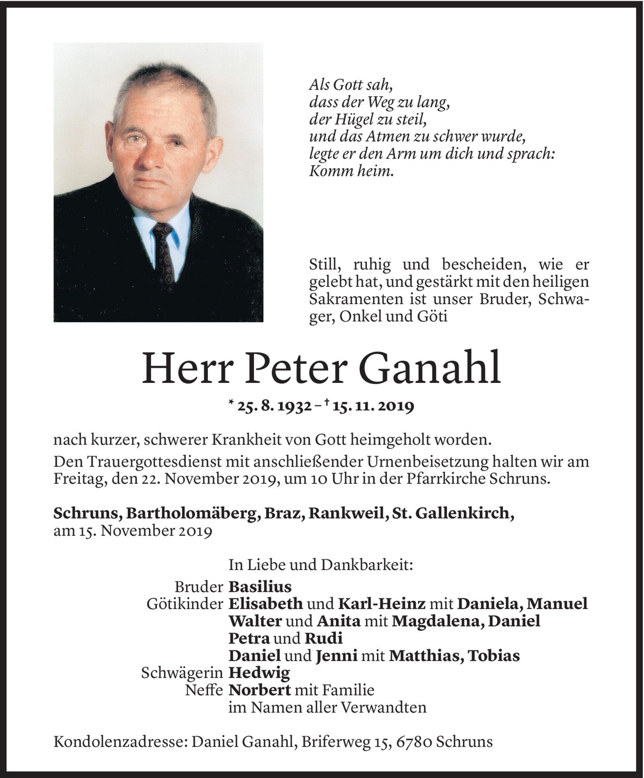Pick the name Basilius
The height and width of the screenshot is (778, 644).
coord(260,586)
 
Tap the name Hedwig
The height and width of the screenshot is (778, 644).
coord(259,673)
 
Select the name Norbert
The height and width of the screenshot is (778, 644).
coord(260,690)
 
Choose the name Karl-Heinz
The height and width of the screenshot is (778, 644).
coord(382,604)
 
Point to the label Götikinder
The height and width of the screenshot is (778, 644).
coord(185,604)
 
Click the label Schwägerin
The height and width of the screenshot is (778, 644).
coord(182,673)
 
